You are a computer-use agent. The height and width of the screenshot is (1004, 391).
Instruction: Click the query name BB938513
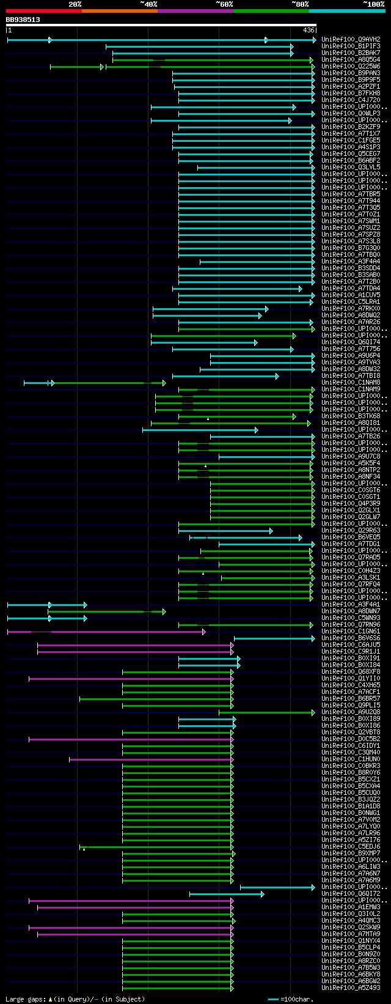pyautogui.click(x=23, y=20)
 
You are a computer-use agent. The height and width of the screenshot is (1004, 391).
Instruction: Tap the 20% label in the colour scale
pyautogui.click(x=75, y=4)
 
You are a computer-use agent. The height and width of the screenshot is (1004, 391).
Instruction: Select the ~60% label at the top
pyautogui.click(x=224, y=4)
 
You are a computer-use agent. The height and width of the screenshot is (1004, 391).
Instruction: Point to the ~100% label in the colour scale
pyautogui.click(x=373, y=4)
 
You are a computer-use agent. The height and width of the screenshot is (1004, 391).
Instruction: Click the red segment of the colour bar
pyautogui.click(x=43, y=11)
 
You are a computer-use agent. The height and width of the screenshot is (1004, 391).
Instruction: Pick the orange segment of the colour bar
pyautogui.click(x=119, y=11)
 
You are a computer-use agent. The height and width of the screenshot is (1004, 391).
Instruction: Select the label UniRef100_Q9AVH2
pyautogui.click(x=351, y=40)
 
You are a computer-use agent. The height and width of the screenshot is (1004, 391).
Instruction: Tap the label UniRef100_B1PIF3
pyautogui.click(x=351, y=46)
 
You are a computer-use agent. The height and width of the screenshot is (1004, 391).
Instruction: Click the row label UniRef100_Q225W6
pyautogui.click(x=351, y=67)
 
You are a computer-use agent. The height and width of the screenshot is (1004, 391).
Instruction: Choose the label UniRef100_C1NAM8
pyautogui.click(x=351, y=383)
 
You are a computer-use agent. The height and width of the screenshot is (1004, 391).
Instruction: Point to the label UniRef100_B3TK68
pyautogui.click(x=351, y=416)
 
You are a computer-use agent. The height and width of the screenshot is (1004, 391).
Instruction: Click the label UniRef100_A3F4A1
pyautogui.click(x=351, y=605)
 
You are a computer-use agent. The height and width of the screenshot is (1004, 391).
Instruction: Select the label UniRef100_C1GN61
pyautogui.click(x=351, y=632)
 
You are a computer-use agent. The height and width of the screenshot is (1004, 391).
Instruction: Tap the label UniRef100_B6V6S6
pyautogui.click(x=351, y=638)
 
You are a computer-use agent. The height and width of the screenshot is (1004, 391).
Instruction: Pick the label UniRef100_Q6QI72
pyautogui.click(x=351, y=894)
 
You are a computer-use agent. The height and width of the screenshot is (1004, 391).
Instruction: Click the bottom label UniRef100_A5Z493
pyautogui.click(x=351, y=988)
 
